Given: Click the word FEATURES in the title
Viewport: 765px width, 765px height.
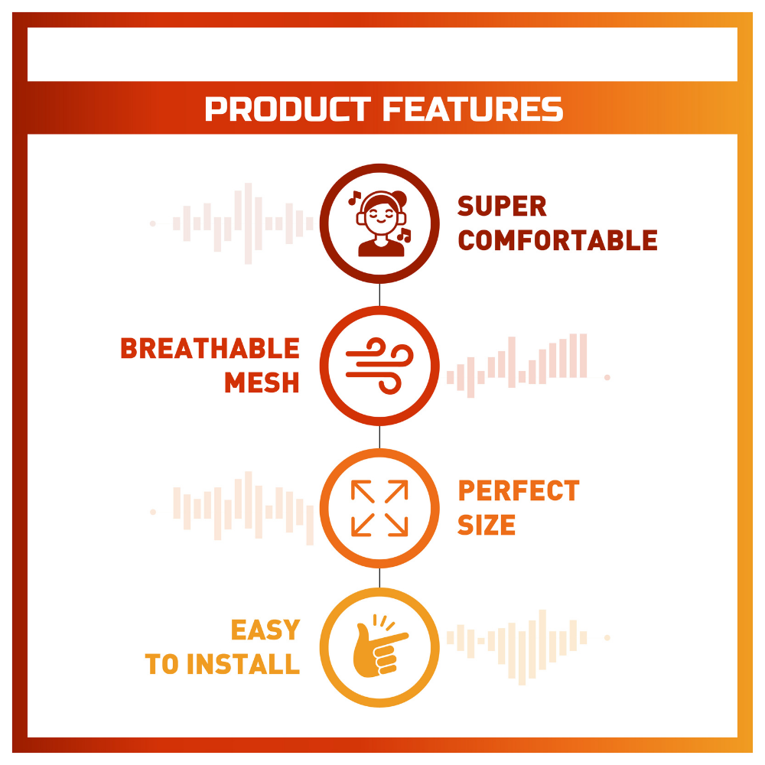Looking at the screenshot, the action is [473, 109].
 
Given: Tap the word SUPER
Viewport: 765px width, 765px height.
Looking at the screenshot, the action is [502, 207].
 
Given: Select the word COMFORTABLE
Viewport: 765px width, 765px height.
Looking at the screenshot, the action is [558, 240].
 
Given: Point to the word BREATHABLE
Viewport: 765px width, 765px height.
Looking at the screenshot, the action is [210, 348].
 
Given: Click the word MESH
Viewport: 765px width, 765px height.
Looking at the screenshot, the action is [262, 382].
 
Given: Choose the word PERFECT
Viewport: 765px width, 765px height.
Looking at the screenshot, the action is [519, 491].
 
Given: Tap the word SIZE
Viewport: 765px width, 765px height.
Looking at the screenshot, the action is [487, 525].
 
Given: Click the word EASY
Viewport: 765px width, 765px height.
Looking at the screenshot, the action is [265, 630].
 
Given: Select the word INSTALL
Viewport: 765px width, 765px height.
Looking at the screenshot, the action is [243, 664].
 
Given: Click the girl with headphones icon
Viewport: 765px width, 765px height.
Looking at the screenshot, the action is [380, 223].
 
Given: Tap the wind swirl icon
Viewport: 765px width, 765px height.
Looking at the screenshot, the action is [379, 366].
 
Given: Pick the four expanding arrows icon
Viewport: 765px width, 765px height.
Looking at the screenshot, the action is [379, 509].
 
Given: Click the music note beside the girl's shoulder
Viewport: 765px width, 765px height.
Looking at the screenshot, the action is [405, 235].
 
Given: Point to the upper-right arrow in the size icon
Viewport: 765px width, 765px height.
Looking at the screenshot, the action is [396, 491].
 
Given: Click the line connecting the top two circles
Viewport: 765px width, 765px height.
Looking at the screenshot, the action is [379, 295].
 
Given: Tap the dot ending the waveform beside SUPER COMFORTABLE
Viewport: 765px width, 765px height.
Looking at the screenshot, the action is [153, 223].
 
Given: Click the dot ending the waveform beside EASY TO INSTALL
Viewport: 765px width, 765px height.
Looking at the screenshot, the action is [607, 638].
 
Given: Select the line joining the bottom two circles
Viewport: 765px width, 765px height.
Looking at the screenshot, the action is [379, 578].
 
